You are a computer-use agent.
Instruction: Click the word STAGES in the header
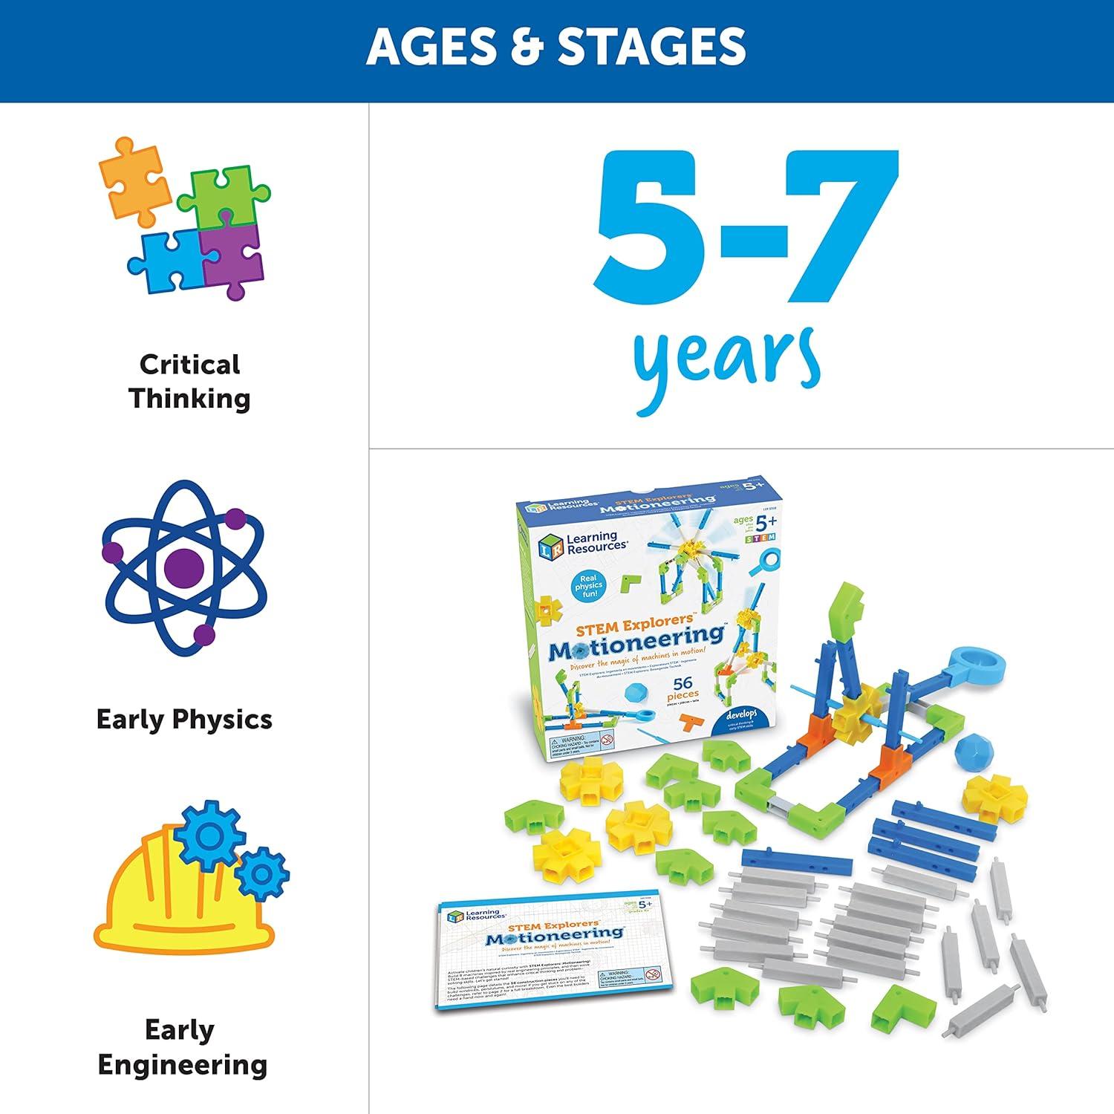coord(651,46)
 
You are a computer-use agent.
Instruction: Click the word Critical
coord(190,364)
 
